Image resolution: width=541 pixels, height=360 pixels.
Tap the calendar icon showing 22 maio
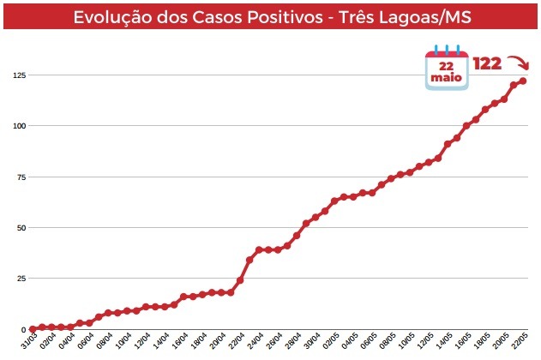pyautogui.click(x=447, y=67)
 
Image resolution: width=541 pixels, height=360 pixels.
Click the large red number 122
pyautogui.click(x=487, y=64)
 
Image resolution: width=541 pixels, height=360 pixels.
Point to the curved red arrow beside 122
pyautogui.click(x=517, y=64)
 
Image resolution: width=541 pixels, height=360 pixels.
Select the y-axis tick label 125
pyautogui.click(x=18, y=75)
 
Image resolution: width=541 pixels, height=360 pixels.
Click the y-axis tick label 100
pyautogui.click(x=18, y=126)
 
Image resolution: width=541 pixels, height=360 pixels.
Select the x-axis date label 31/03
pyautogui.click(x=27, y=344)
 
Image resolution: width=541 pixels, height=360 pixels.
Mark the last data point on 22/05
pyautogui.click(x=523, y=81)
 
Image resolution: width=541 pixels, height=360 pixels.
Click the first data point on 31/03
pyautogui.click(x=33, y=329)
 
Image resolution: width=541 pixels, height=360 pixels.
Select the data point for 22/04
pyautogui.click(x=240, y=280)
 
